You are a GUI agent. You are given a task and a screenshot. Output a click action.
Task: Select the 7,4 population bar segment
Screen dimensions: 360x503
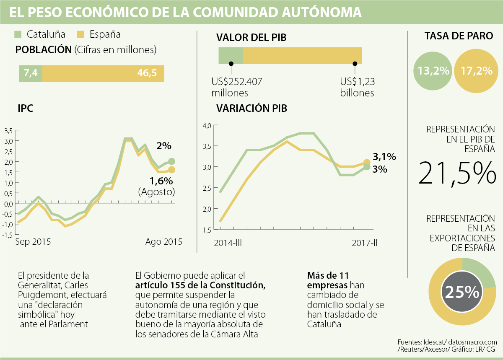coord(31,73)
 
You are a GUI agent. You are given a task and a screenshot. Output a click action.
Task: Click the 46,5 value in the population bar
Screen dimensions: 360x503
coord(147,73)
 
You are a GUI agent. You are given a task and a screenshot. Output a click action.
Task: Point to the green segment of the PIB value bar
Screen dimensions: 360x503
coord(231,56)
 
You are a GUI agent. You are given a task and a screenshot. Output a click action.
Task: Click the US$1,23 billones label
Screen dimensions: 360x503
coord(357,87)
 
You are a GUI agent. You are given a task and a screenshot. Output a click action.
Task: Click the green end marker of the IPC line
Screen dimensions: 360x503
coord(171,161)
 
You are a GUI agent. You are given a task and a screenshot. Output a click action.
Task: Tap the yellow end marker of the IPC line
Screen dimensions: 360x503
coord(171,170)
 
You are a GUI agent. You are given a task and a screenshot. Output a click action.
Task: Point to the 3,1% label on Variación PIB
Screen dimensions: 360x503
coord(384,157)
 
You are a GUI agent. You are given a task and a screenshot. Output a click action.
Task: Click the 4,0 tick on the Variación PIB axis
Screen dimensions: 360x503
coord(208,125)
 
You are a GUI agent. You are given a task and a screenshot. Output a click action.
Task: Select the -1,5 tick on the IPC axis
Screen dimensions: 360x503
coord(8,235)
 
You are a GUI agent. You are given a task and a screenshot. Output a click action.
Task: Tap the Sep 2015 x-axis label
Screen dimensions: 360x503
coord(33,242)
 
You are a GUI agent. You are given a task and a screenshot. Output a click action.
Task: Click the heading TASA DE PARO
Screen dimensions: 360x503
coord(459,36)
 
